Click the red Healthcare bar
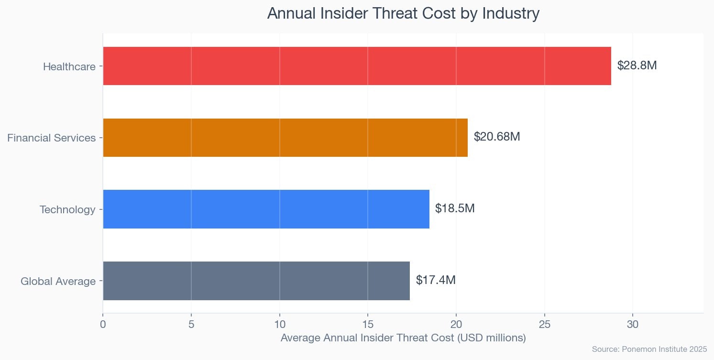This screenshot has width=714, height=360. point(357,66)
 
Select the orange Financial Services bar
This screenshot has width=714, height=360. point(285,138)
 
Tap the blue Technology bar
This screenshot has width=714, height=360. point(266,209)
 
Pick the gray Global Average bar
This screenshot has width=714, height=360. point(256,281)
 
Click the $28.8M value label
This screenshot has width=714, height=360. point(637,65)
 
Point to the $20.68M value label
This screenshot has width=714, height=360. point(497,137)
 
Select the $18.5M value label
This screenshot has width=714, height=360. point(455,208)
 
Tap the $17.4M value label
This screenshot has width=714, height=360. point(436,280)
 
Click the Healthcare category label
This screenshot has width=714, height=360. point(69,66)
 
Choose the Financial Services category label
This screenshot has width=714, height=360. point(52,138)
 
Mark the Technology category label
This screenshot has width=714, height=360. point(67,209)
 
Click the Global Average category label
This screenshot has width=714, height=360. point(58,281)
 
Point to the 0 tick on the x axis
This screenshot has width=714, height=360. point(103,324)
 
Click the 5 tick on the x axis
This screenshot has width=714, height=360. point(191,324)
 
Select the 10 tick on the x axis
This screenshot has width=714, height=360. point(279,324)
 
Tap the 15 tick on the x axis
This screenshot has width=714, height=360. point(368,324)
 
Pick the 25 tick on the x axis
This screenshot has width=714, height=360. point(544,324)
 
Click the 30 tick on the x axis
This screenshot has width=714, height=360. point(633,324)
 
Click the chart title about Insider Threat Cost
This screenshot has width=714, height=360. point(403,13)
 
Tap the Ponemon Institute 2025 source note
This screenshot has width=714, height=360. point(649,349)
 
